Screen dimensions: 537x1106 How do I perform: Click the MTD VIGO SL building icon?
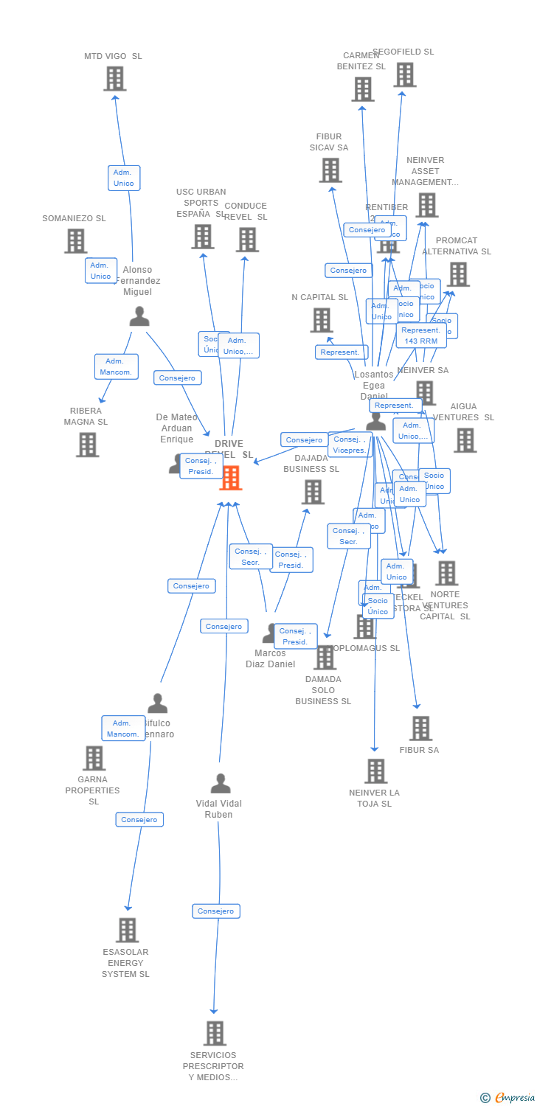(114, 79)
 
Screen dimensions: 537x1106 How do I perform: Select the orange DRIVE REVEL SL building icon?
(230, 478)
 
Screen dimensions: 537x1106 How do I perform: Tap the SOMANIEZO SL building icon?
(75, 241)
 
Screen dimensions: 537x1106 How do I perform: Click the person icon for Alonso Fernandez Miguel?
(139, 316)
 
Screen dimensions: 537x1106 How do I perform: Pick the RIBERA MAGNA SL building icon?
(87, 445)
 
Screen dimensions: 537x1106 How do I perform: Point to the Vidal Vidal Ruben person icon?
(220, 784)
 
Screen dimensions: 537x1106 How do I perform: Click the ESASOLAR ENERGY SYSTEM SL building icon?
(127, 931)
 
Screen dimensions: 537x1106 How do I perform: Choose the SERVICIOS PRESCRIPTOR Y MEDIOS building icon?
(215, 1034)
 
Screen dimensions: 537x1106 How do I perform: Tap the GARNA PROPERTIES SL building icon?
(94, 758)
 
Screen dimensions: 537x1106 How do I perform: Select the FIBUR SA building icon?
(420, 728)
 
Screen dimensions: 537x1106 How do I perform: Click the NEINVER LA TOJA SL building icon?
(375, 771)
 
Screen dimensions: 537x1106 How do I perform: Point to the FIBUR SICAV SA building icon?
(330, 170)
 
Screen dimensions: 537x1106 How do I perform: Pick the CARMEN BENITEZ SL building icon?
(362, 89)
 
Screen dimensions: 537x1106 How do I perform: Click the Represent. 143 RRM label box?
(421, 335)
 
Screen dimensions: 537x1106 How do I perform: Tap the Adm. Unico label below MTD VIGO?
(124, 178)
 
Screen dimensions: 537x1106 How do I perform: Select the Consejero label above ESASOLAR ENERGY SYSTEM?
(139, 819)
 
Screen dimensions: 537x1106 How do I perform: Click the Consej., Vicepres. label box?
(350, 445)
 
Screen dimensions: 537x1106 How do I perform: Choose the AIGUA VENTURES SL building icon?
(465, 440)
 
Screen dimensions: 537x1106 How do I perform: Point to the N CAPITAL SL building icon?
(321, 320)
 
